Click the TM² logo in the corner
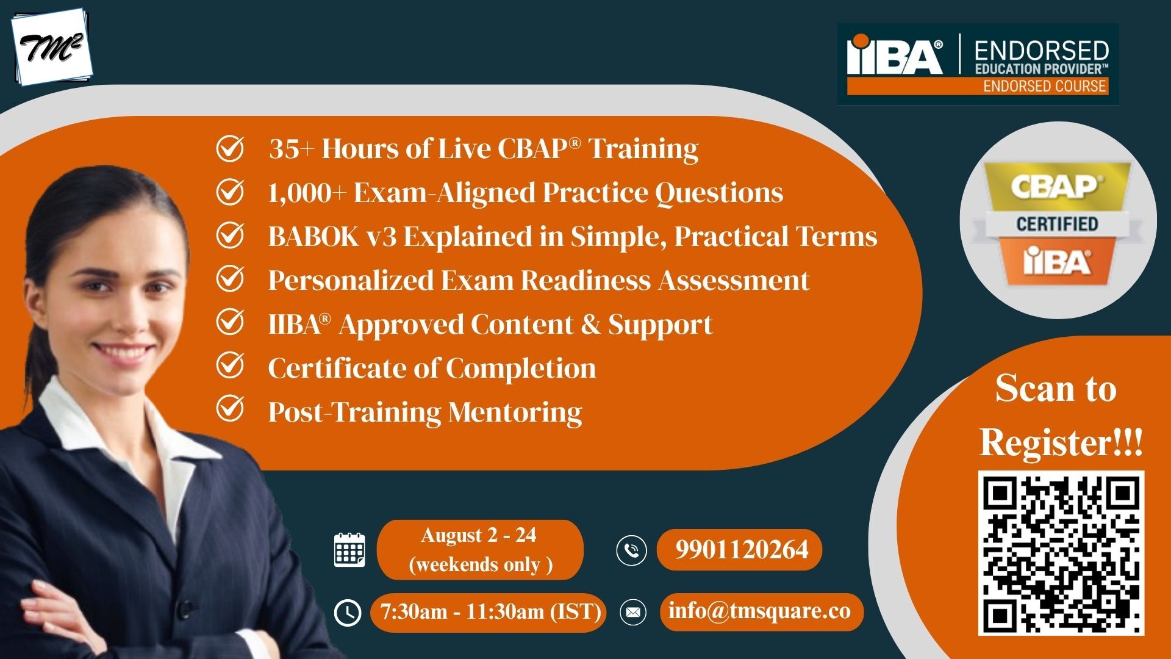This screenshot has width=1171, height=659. [x=51, y=47]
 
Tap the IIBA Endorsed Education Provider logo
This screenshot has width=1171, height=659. [x=978, y=64]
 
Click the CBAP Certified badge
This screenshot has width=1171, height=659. [x=1058, y=221]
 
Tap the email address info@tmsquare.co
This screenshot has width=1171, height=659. [x=760, y=611]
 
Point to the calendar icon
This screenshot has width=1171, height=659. [x=349, y=550]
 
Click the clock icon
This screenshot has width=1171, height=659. [x=348, y=612]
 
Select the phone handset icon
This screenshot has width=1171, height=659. [x=631, y=550]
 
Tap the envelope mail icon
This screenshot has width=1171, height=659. [x=633, y=612]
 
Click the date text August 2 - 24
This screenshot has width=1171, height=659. [x=479, y=535]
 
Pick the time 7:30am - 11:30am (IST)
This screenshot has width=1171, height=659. [x=490, y=611]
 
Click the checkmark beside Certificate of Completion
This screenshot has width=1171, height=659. [x=231, y=366]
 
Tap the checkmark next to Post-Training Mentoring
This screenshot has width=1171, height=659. [x=231, y=409]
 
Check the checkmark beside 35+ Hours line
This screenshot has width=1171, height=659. [x=231, y=148]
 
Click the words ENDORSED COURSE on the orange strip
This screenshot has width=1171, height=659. [x=1045, y=86]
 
